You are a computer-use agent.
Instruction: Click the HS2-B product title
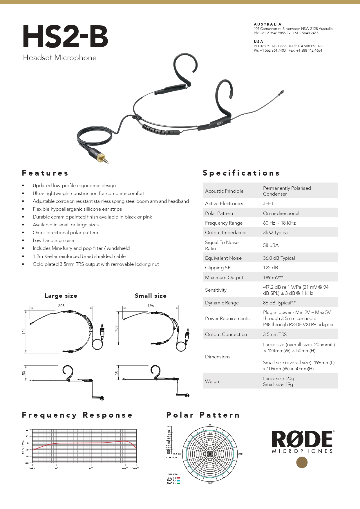click(66, 37)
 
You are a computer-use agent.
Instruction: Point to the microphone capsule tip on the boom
click(281, 93)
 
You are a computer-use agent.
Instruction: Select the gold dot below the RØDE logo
click(302, 463)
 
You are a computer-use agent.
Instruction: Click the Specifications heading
click(241, 173)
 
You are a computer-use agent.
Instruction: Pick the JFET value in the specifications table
click(268, 203)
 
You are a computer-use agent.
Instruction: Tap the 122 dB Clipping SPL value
click(270, 268)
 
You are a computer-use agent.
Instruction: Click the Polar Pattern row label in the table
click(219, 213)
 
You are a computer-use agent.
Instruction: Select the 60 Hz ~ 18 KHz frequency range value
click(279, 223)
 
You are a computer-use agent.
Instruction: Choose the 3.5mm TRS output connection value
click(275, 334)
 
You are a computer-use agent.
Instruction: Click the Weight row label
click(213, 381)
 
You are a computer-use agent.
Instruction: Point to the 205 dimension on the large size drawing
click(61, 306)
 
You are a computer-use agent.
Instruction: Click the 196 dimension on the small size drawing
click(151, 306)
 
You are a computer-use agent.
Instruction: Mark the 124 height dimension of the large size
click(24, 331)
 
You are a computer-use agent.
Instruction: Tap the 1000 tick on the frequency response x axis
click(91, 468)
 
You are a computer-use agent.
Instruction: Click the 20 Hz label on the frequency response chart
click(32, 468)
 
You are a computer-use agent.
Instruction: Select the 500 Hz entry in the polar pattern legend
click(173, 478)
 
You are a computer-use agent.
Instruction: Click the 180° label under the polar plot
click(210, 483)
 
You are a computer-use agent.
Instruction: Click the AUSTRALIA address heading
click(267, 24)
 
